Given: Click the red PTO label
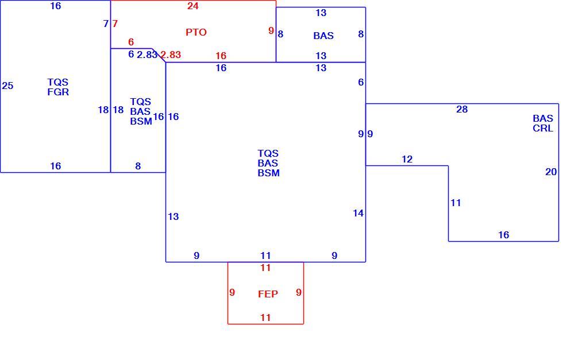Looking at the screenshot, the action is click(x=196, y=32).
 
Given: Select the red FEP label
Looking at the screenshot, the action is click(x=268, y=294).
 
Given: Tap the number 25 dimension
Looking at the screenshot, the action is click(x=7, y=86).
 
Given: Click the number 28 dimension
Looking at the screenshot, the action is click(x=462, y=109).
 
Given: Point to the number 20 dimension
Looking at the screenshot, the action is click(x=551, y=172).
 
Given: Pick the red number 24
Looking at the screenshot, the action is click(x=193, y=6).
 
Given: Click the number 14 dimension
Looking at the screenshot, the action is click(x=358, y=213).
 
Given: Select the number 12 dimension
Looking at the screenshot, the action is click(x=407, y=159).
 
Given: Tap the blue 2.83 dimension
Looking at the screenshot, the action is click(x=147, y=55).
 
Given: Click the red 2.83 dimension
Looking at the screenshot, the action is click(x=171, y=55).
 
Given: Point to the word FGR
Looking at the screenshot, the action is click(x=58, y=92).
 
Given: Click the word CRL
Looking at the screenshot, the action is click(x=543, y=128).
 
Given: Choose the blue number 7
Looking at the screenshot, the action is click(x=106, y=24).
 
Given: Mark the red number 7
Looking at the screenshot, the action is click(x=115, y=24).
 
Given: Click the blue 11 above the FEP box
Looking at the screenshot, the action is click(x=265, y=256).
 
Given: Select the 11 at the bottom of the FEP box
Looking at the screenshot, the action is click(x=265, y=318).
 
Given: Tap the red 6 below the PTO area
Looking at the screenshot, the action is click(x=131, y=42).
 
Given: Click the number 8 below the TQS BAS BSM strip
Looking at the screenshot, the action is click(x=138, y=166).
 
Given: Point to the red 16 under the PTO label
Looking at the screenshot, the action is click(x=221, y=56).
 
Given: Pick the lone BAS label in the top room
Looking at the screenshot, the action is click(x=323, y=36).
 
